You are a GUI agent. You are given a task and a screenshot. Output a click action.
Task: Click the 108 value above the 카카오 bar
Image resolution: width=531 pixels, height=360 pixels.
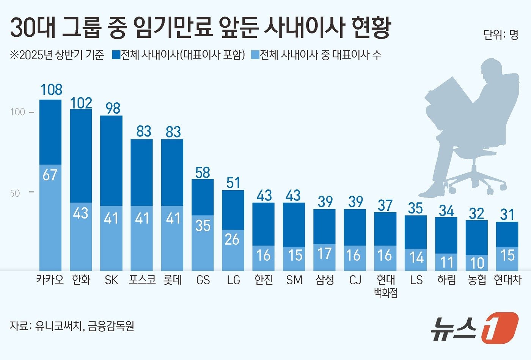pyautogui.click(x=51, y=90)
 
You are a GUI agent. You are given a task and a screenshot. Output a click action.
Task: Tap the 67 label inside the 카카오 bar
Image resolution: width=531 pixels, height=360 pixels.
pyautogui.click(x=50, y=175)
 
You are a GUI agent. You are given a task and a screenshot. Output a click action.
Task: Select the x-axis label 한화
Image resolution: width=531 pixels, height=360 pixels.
pyautogui.click(x=81, y=280)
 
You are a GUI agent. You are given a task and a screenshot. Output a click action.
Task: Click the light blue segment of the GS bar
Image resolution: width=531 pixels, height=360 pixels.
pyautogui.click(x=203, y=243)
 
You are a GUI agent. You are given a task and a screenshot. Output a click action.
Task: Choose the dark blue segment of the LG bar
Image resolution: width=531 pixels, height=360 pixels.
pyautogui.click(x=233, y=210)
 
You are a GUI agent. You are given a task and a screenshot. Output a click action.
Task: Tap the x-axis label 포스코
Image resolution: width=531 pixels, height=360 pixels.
pyautogui.click(x=142, y=280)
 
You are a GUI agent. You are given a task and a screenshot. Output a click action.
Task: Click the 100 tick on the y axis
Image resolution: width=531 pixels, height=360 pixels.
pyautogui.click(x=17, y=112)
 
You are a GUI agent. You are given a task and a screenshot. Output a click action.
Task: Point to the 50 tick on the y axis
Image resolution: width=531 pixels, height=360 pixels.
pyautogui.click(x=15, y=193)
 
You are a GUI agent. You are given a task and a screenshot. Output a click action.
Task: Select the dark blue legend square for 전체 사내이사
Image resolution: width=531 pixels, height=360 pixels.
pyautogui.click(x=116, y=55)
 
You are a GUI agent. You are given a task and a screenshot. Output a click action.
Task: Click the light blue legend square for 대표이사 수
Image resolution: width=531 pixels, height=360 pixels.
pyautogui.click(x=255, y=55)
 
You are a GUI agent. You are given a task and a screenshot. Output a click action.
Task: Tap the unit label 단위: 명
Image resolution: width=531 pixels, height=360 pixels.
pyautogui.click(x=501, y=35)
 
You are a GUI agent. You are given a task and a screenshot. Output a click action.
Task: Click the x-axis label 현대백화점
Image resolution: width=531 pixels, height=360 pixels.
pyautogui.click(x=385, y=286)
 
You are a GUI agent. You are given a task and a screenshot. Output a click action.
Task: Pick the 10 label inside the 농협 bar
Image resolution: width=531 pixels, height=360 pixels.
pyautogui.click(x=477, y=263)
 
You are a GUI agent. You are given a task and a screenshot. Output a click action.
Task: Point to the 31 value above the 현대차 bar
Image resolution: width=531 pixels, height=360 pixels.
pyautogui.click(x=507, y=215)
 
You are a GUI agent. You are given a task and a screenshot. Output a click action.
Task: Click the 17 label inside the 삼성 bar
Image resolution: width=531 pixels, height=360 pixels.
pyautogui.click(x=324, y=254)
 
